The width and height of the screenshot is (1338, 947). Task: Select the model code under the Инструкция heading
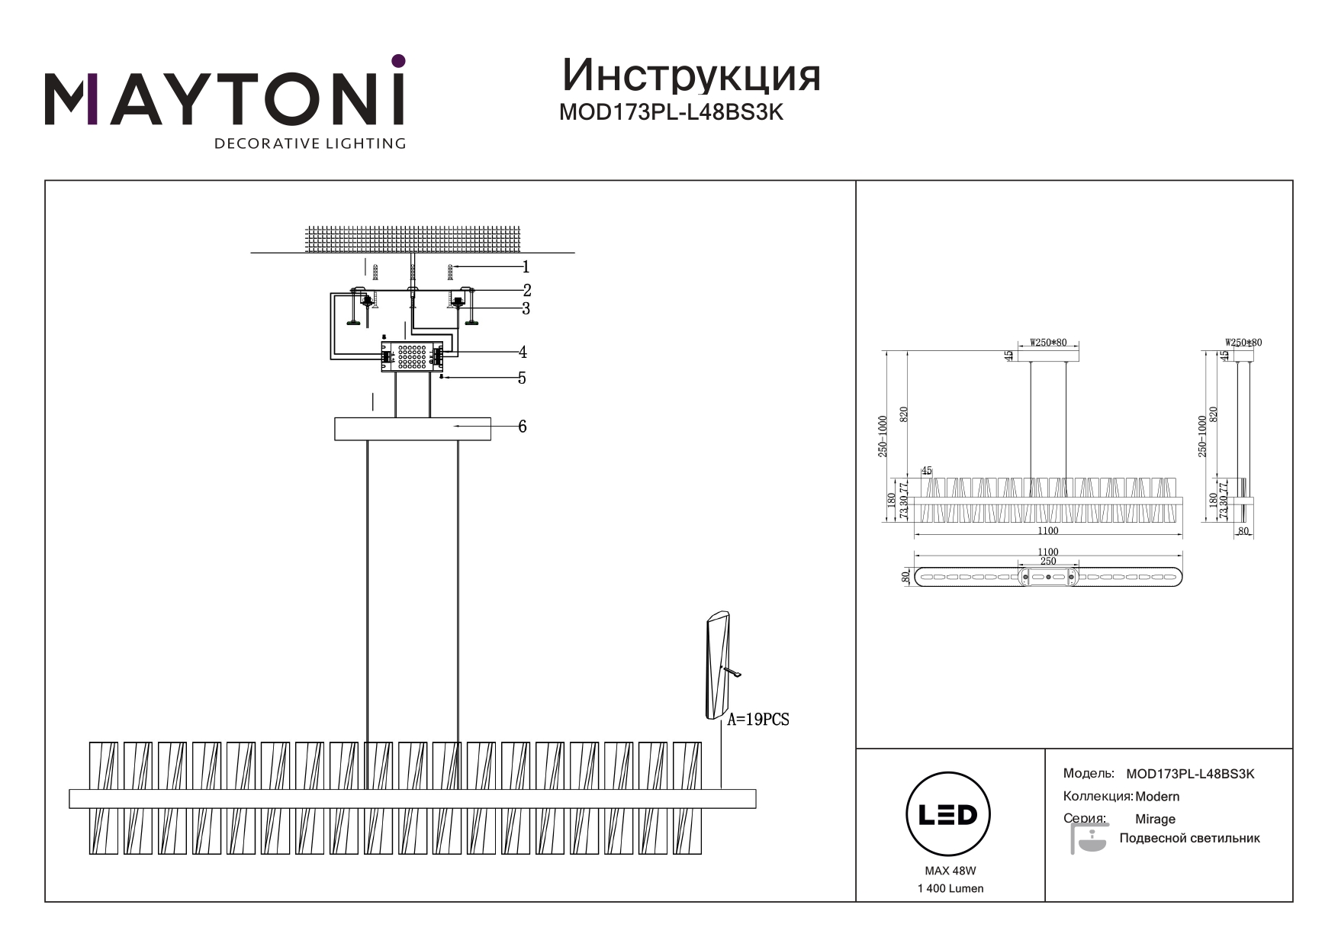(x=671, y=112)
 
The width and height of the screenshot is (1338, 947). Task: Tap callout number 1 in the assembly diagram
(x=525, y=267)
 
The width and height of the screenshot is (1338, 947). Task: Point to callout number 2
(x=526, y=290)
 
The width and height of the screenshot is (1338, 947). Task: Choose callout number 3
(x=526, y=308)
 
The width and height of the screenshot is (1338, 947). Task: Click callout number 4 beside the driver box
(x=523, y=352)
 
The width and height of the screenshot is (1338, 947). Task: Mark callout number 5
(x=522, y=378)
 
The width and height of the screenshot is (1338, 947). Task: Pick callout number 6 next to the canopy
(x=522, y=426)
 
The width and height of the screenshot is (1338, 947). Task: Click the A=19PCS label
(x=757, y=719)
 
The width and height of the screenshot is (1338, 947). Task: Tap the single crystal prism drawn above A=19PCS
(x=718, y=665)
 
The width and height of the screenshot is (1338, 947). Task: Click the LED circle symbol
(x=947, y=814)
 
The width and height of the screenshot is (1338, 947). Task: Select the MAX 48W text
(x=950, y=871)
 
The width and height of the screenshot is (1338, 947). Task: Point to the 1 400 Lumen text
(x=950, y=888)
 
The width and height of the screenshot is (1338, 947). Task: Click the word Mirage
(x=1155, y=819)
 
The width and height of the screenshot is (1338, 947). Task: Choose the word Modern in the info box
(x=1157, y=796)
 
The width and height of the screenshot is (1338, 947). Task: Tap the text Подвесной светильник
(x=1189, y=838)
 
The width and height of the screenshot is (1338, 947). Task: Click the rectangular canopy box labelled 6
(x=412, y=429)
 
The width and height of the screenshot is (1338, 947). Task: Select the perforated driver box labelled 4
(x=412, y=356)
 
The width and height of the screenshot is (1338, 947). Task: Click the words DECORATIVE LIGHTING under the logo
(x=310, y=143)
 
